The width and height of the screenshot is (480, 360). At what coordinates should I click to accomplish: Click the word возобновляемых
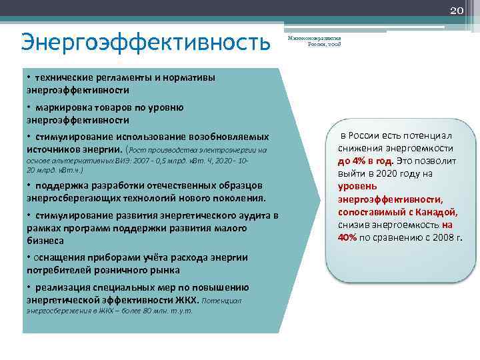pyautogui.click(x=230, y=137)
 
